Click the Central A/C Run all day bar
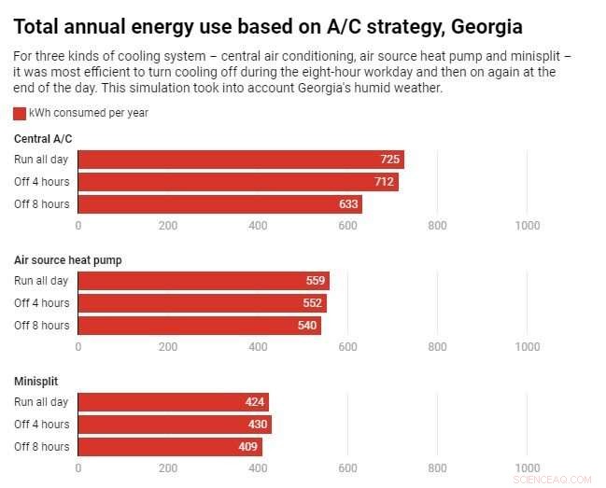click(x=240, y=160)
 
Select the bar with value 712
click(x=237, y=182)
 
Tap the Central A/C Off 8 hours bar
click(x=219, y=204)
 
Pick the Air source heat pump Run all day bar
click(x=203, y=281)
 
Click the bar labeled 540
click(x=199, y=326)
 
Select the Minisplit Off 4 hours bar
click(x=174, y=425)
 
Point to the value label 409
click(x=247, y=447)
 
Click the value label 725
click(x=389, y=160)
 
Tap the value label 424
click(x=254, y=402)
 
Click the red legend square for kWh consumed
click(x=20, y=113)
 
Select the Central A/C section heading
click(x=43, y=139)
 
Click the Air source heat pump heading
click(x=67, y=260)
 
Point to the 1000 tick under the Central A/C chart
click(x=528, y=225)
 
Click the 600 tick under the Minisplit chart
click(x=347, y=467)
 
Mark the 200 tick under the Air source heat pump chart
click(x=168, y=346)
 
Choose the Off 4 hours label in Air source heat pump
click(x=41, y=303)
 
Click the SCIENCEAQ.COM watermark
click(x=559, y=480)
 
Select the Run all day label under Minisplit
click(x=41, y=402)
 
